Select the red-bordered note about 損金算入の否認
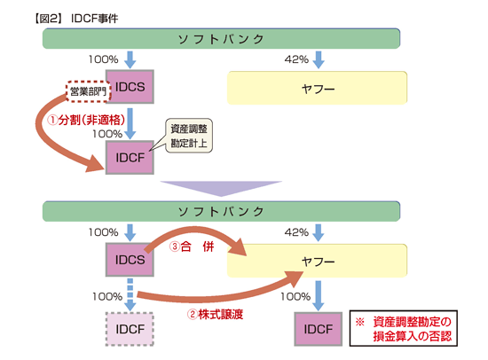402,329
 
